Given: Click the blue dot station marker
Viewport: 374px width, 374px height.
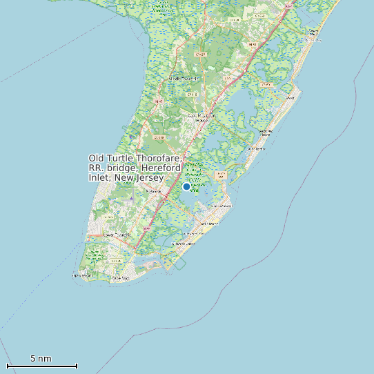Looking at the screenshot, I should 186,186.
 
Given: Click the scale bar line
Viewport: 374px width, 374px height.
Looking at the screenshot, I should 41,366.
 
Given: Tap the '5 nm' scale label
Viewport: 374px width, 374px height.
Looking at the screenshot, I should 41,359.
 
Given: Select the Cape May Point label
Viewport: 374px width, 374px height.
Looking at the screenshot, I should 81,275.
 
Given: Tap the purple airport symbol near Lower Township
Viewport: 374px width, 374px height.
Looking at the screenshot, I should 131,198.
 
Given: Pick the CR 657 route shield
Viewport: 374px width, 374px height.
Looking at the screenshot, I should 201,53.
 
